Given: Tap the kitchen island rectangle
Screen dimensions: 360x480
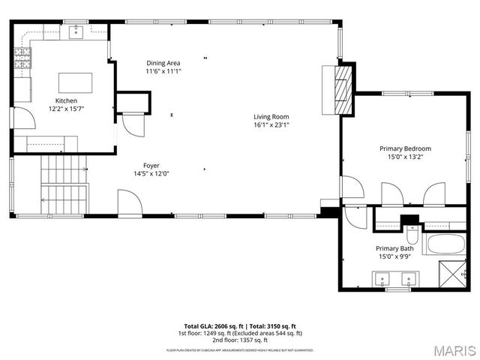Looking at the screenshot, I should tap(76, 82).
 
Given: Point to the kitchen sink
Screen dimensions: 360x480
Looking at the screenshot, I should tap(76, 32).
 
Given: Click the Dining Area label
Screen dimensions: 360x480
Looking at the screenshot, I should tap(163, 63).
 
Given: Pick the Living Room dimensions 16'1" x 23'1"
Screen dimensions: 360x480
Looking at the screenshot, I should tap(271, 125).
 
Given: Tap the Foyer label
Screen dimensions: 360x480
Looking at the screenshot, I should tap(151, 165).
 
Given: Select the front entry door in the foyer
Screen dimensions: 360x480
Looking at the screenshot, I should tap(127, 203).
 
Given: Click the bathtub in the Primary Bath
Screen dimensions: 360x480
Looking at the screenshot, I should tap(445, 244).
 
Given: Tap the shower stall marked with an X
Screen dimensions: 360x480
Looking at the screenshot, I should tap(453, 274).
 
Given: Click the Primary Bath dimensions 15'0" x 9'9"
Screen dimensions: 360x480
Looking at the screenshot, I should tap(395, 257).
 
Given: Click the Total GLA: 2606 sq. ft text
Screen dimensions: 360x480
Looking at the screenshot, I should tap(211, 325).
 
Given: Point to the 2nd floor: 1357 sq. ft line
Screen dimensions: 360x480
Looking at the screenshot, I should tap(239, 340).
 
